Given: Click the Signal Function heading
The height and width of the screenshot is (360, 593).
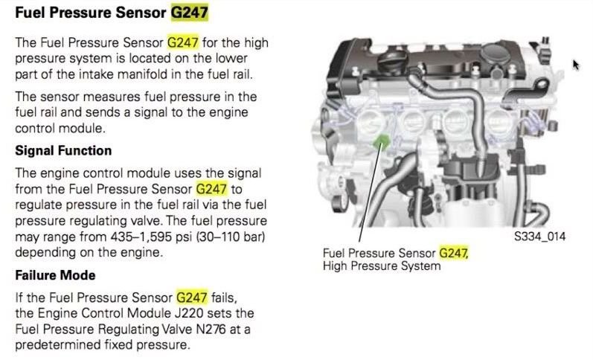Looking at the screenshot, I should click(x=63, y=151).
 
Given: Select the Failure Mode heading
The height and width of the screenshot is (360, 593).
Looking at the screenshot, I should click(x=55, y=275).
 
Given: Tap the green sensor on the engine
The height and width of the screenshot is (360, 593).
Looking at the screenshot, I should click(x=382, y=142).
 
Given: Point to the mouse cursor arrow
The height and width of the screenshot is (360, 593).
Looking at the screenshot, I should click(x=575, y=65).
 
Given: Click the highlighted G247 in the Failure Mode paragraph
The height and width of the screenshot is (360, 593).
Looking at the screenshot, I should click(x=193, y=298).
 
